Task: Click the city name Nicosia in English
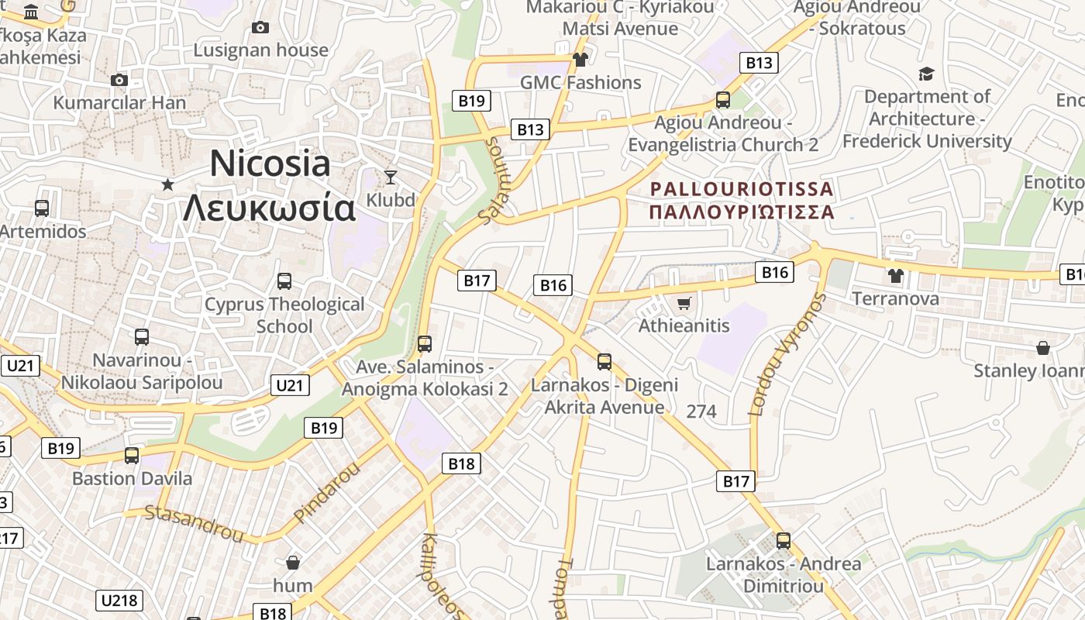[x=270, y=164]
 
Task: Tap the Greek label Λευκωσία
[x=270, y=207]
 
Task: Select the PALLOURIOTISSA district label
[x=742, y=189]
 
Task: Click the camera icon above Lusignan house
[x=260, y=27]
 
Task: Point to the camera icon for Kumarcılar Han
[x=119, y=80]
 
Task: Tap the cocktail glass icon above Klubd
[x=391, y=177]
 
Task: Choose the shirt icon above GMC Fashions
[x=580, y=59]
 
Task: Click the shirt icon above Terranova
[x=895, y=275]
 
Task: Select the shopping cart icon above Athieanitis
[x=684, y=303]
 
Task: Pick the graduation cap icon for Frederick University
[x=926, y=74]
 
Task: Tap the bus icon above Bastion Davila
[x=132, y=455]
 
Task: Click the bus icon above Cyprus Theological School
[x=284, y=281]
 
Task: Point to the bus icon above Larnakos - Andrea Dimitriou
[x=784, y=541]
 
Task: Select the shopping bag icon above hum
[x=293, y=562]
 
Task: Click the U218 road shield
[x=119, y=600]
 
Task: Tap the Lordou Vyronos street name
[x=787, y=355]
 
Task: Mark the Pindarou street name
[x=327, y=492]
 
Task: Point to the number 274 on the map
[x=701, y=411]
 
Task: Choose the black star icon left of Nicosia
[x=167, y=184]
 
